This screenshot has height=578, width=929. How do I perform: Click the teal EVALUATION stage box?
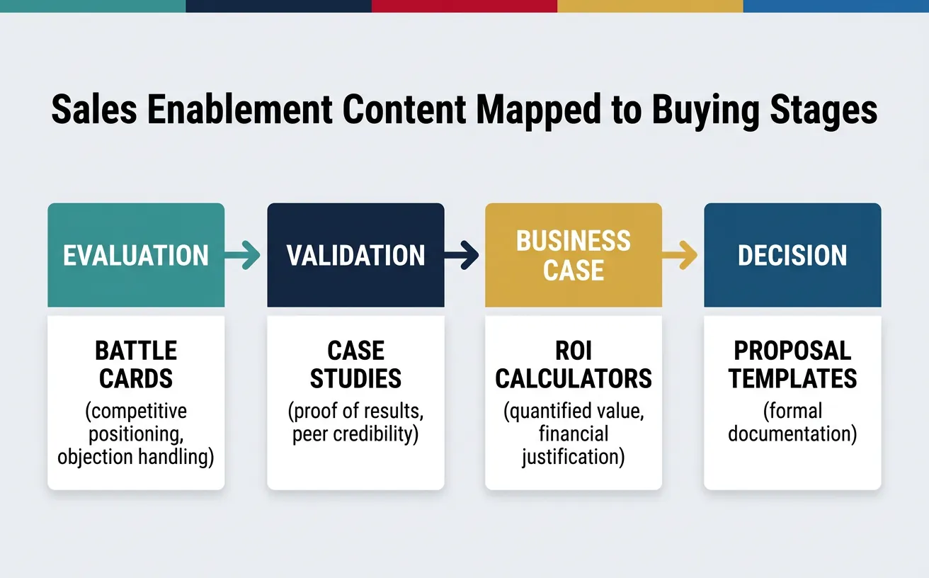pyautogui.click(x=136, y=255)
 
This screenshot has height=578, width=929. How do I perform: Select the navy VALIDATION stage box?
pyautogui.click(x=355, y=255)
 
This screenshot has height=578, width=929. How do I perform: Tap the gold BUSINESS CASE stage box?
pyautogui.click(x=573, y=255)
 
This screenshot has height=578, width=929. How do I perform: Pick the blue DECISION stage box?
pyautogui.click(x=792, y=255)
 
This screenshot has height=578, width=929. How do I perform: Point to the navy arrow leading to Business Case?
pyautogui.click(x=464, y=255)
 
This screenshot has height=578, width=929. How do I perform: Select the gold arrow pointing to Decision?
pyautogui.click(x=683, y=255)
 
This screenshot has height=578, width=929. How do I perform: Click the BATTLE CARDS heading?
pyautogui.click(x=136, y=365)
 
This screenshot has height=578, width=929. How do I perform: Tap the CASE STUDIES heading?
pyautogui.click(x=355, y=365)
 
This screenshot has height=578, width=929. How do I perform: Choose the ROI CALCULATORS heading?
pyautogui.click(x=574, y=365)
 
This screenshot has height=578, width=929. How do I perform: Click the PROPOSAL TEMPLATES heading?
pyautogui.click(x=792, y=365)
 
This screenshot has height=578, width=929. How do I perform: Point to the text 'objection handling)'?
pyautogui.click(x=136, y=457)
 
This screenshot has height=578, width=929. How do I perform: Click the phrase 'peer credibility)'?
pyautogui.click(x=355, y=434)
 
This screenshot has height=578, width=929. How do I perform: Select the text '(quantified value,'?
pyautogui.click(x=574, y=412)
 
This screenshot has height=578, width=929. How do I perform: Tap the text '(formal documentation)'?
pyautogui.click(x=792, y=423)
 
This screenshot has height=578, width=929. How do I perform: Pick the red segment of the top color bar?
pyautogui.click(x=465, y=6)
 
